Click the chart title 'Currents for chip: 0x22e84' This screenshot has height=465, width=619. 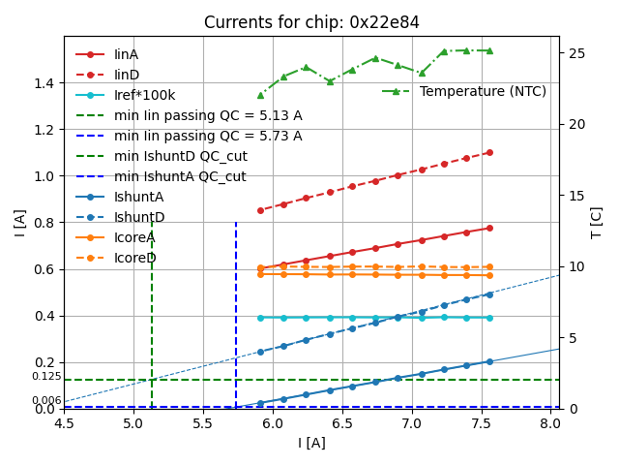tap(311, 22)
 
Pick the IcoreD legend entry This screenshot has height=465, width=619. tap(134, 258)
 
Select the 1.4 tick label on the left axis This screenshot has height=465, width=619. tap(45, 83)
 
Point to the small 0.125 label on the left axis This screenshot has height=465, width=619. tap(45, 376)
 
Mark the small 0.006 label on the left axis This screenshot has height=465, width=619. tap(45, 400)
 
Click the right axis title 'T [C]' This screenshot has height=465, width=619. tap(597, 223)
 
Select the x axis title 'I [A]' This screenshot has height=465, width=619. tap(311, 444)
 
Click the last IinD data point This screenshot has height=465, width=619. tap(489, 152)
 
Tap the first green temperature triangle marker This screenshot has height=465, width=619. tap(260, 95)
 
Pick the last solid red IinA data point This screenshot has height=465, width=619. tap(489, 228)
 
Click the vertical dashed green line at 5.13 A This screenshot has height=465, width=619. tap(152, 310)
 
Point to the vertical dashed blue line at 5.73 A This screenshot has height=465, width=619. tap(236, 310)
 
